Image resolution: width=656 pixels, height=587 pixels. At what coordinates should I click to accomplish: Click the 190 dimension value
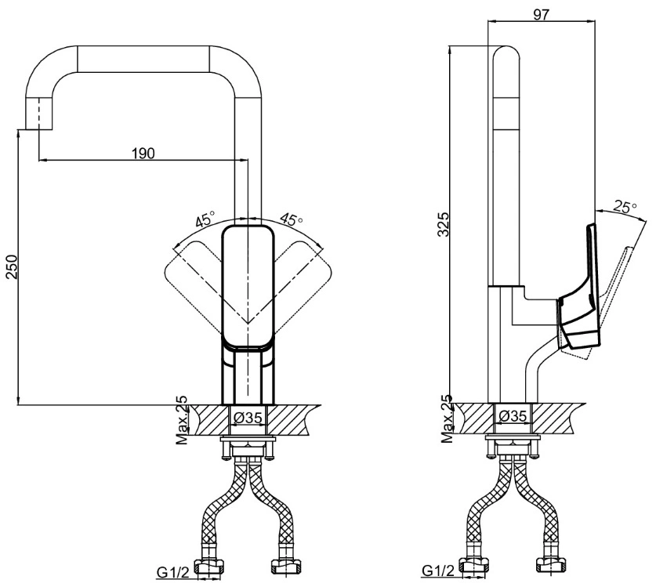pos(143,153)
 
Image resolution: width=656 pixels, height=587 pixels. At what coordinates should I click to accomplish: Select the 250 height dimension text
pos(11,267)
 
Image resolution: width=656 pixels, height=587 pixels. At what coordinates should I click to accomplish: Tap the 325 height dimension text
pos(443,224)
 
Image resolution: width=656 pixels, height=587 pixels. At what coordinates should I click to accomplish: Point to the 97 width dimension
pos(541,14)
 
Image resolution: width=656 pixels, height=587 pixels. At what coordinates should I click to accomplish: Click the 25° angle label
pos(625,206)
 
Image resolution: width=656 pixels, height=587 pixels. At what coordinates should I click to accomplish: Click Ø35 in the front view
pos(248,417)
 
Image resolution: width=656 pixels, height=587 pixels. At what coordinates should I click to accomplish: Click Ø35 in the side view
pos(513,416)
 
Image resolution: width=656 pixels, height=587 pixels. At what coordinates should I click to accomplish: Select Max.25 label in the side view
pos(447,419)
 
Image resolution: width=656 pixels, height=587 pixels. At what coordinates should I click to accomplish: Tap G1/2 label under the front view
pos(172,572)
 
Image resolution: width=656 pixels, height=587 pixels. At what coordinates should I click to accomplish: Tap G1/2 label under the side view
pos(438,571)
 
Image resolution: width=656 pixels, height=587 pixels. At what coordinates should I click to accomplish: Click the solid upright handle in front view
pos(248,287)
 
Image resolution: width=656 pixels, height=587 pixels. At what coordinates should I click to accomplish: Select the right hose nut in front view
pos(287,567)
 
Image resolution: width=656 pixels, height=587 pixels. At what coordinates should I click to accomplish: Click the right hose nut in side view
pos(551,565)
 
